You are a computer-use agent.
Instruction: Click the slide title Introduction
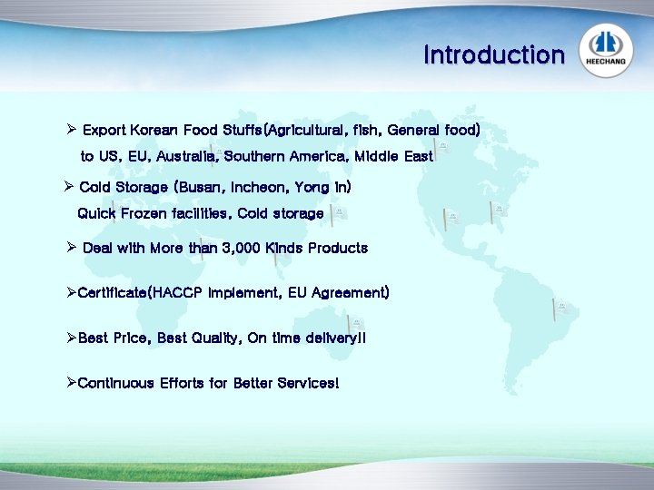click(493, 55)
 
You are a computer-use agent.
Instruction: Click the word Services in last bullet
click(309, 384)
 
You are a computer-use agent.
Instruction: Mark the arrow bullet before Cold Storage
click(69, 188)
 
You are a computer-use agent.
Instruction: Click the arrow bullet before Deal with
click(71, 248)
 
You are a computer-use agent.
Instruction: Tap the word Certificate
click(113, 293)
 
